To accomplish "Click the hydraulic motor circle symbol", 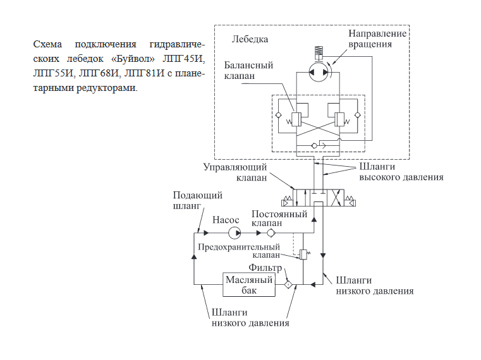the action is [x=319, y=73].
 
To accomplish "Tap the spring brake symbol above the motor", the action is [x=319, y=51].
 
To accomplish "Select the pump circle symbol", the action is [x=234, y=233].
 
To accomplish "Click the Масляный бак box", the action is [x=249, y=285].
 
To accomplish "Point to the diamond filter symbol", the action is [x=288, y=285].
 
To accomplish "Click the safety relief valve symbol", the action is [x=303, y=254].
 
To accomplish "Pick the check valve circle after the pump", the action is [x=271, y=233].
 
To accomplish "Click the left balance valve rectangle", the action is [x=296, y=119].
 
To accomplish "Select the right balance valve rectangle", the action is [x=339, y=119].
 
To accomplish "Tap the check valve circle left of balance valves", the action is [x=278, y=116].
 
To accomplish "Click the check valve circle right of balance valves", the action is [x=357, y=116].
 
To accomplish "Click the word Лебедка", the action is [x=250, y=39].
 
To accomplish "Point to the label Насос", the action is [x=226, y=220].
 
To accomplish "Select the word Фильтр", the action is [x=265, y=268].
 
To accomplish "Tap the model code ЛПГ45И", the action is [x=183, y=58].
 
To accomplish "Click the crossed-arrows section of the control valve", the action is [x=335, y=198].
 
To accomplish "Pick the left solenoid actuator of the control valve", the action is [x=287, y=201].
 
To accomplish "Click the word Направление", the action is [x=377, y=33].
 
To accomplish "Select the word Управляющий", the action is [x=235, y=167].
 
